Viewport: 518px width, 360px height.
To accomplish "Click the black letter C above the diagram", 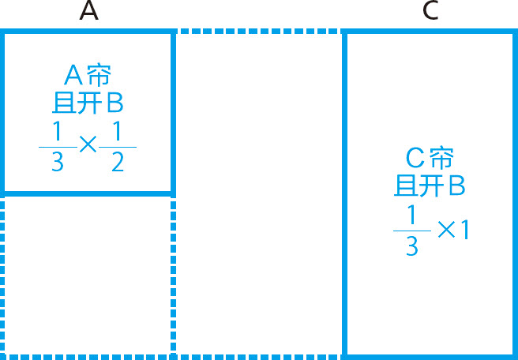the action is click(430, 11).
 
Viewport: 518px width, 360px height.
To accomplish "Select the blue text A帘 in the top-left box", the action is click(87, 76).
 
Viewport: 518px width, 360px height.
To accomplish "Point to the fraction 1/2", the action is click(118, 147).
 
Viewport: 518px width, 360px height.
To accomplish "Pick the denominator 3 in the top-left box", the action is click(57, 163).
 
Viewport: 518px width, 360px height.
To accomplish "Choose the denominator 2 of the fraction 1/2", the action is click(118, 163).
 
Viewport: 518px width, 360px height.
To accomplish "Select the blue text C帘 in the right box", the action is click(429, 159).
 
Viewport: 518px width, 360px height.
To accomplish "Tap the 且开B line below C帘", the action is click(429, 186).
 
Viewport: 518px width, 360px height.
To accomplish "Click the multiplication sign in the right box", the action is click(447, 230).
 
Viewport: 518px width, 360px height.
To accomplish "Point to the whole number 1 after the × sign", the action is click(465, 230).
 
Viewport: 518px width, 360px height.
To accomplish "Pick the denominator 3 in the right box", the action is click(411, 246).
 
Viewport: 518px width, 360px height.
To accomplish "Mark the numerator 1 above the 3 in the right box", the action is click(411, 214).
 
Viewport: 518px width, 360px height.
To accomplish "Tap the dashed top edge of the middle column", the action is click(257, 32).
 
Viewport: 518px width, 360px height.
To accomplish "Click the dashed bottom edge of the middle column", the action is click(257, 355).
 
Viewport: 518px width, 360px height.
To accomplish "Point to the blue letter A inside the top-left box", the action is click(73, 76).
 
